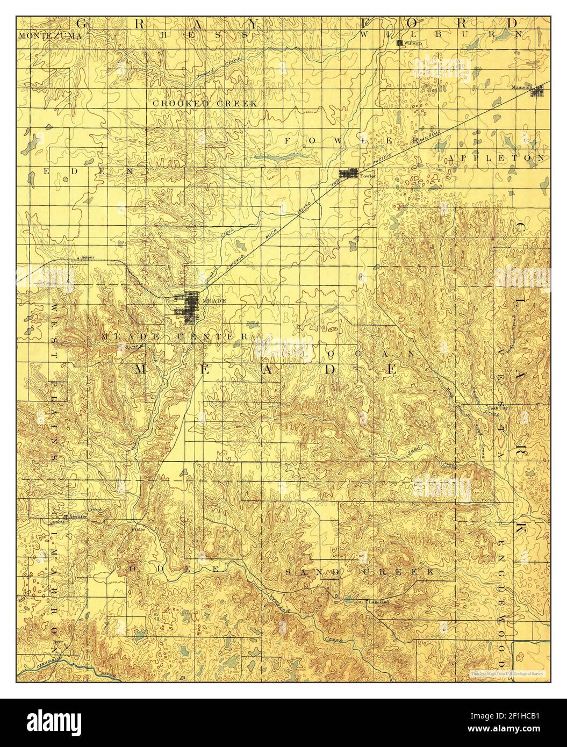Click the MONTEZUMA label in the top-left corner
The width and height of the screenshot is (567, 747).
pos(50,36)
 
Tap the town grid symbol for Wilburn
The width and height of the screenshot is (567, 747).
pos(399,43)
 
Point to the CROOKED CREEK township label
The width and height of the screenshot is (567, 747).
pos(205,103)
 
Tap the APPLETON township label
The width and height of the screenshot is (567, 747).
pos(495,159)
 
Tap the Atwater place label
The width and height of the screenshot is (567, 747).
pos(78,516)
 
